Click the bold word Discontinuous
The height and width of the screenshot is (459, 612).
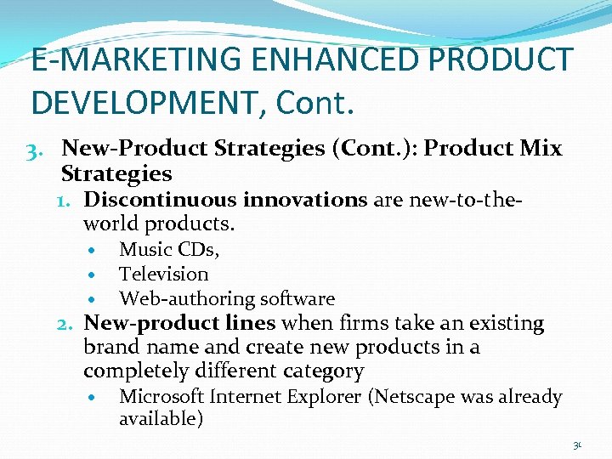pyautogui.click(x=161, y=200)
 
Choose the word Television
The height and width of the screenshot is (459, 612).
pyautogui.click(x=164, y=274)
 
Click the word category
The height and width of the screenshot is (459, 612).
pyautogui.click(x=326, y=371)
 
